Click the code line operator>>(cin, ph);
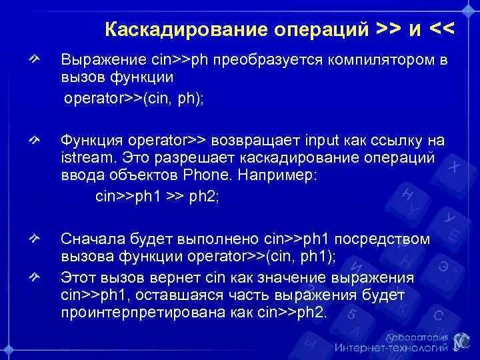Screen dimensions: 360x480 [x=134, y=98]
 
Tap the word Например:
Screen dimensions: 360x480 [x=285, y=176]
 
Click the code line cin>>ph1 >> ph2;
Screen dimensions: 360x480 [x=157, y=196]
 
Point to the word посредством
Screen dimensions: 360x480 [x=391, y=239]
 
